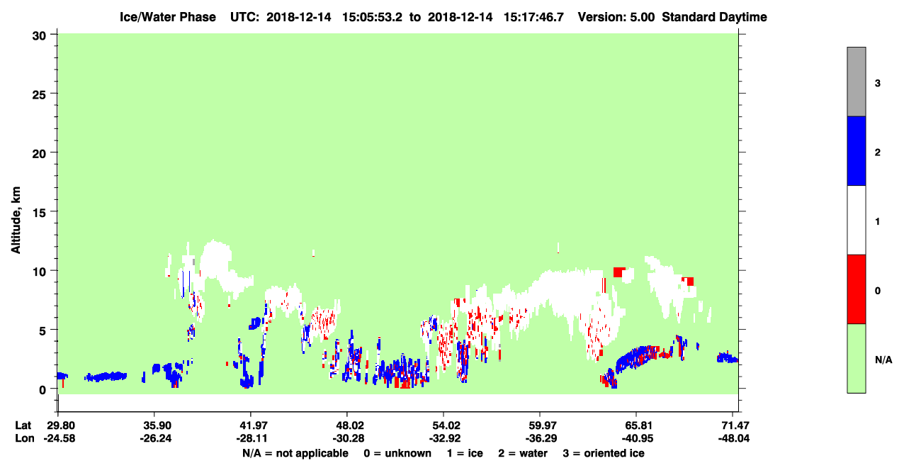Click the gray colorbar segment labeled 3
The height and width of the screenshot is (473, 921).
click(856, 82)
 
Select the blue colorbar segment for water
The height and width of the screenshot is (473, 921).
click(856, 150)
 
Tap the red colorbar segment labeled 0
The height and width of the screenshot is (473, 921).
click(856, 289)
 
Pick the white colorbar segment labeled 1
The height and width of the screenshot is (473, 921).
click(856, 220)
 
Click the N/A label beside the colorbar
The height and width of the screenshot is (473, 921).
click(883, 360)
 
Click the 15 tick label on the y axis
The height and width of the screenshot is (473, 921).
click(39, 213)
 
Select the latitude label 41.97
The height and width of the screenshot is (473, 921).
click(251, 425)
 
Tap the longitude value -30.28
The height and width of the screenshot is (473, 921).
click(348, 438)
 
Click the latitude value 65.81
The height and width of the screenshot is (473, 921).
click(638, 425)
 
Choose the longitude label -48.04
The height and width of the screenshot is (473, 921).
click(734, 438)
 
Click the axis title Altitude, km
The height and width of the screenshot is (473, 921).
click(16, 221)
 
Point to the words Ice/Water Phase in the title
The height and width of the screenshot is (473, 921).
click(168, 17)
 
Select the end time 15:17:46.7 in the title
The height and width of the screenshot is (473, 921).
click(533, 17)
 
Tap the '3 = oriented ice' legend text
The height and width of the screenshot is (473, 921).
click(604, 453)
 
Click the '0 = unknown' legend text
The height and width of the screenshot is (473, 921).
click(397, 453)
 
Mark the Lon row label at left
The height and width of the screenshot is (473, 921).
click(25, 438)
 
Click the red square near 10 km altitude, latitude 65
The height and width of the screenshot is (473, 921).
click(618, 272)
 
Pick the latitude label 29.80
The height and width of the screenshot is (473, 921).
click(58, 425)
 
